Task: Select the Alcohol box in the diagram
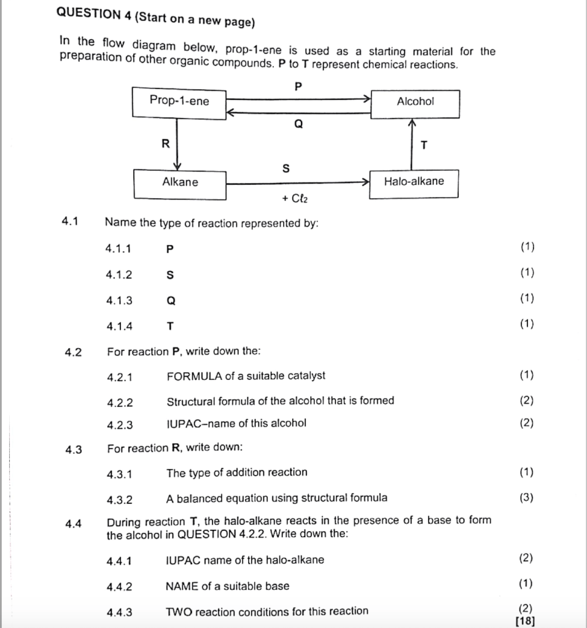[414, 103]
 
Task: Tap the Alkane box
[180, 183]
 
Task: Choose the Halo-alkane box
[413, 182]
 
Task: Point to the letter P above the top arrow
[298, 87]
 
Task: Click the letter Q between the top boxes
[298, 125]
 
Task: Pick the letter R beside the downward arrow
[164, 144]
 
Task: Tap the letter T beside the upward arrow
[423, 145]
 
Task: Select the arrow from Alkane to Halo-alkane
[298, 182]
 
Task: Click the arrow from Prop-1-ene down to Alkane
[177, 144]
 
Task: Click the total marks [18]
[526, 621]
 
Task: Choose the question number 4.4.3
[119, 612]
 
